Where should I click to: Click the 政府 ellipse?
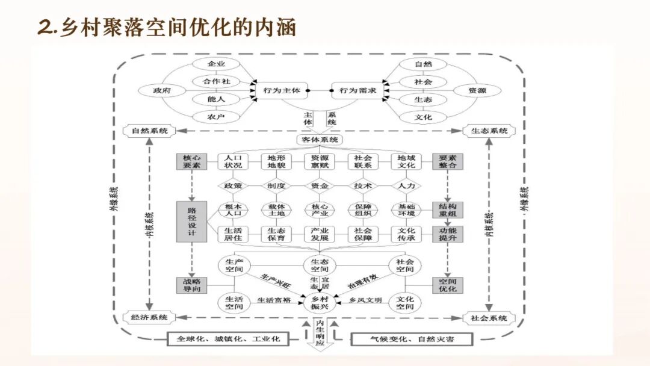[x=161, y=90]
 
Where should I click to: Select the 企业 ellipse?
[x=215, y=64]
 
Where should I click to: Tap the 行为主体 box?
[x=281, y=90]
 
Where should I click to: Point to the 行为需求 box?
[x=357, y=90]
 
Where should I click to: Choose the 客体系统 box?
[x=320, y=140]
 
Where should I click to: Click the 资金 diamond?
[x=320, y=186]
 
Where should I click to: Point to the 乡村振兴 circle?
[x=320, y=303]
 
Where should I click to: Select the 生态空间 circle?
[x=320, y=265]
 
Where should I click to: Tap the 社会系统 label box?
[x=489, y=318]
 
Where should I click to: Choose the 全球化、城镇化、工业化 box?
[x=228, y=338]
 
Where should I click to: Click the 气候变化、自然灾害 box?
[x=412, y=339]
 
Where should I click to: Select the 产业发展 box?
[x=320, y=234]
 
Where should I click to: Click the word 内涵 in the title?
[x=274, y=28]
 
